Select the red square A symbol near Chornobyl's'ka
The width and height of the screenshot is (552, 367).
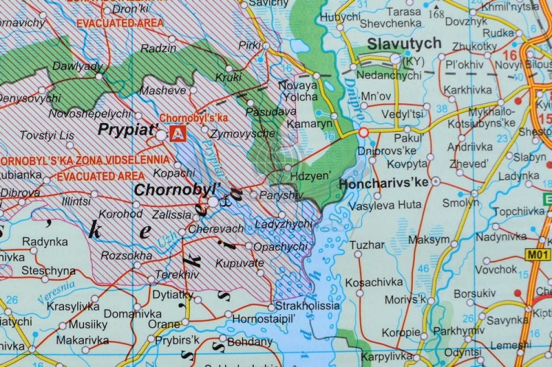pos(177,133)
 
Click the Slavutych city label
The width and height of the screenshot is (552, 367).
pos(404,43)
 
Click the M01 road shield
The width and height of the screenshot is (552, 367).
pos(537,254)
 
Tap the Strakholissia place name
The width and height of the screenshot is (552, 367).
pos(307,305)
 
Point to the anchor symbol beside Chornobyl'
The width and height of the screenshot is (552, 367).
pos(227,198)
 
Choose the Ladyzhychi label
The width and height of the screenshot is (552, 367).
pos(283,223)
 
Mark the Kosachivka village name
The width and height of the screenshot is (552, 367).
pos(375,282)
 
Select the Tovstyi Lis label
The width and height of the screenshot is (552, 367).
pos(46,135)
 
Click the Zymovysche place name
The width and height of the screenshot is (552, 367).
pos(243,133)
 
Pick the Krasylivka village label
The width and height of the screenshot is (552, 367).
pos(73,307)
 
